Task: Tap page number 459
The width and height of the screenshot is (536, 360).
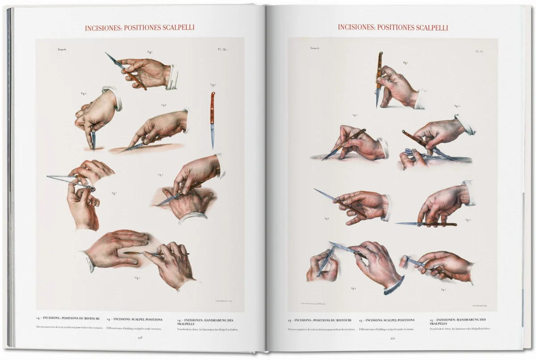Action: (x=393, y=338)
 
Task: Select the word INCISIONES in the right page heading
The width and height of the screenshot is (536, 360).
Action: (x=356, y=27)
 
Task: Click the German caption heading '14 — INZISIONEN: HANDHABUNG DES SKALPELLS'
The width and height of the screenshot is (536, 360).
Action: (x=205, y=322)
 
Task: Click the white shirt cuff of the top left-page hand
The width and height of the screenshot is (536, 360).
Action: (x=172, y=77)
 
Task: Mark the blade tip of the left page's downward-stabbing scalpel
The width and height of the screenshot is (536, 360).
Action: (x=94, y=148)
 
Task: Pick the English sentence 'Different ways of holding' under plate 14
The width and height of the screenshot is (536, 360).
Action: (x=134, y=329)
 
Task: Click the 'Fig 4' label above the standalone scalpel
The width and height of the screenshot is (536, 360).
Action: (x=214, y=85)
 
